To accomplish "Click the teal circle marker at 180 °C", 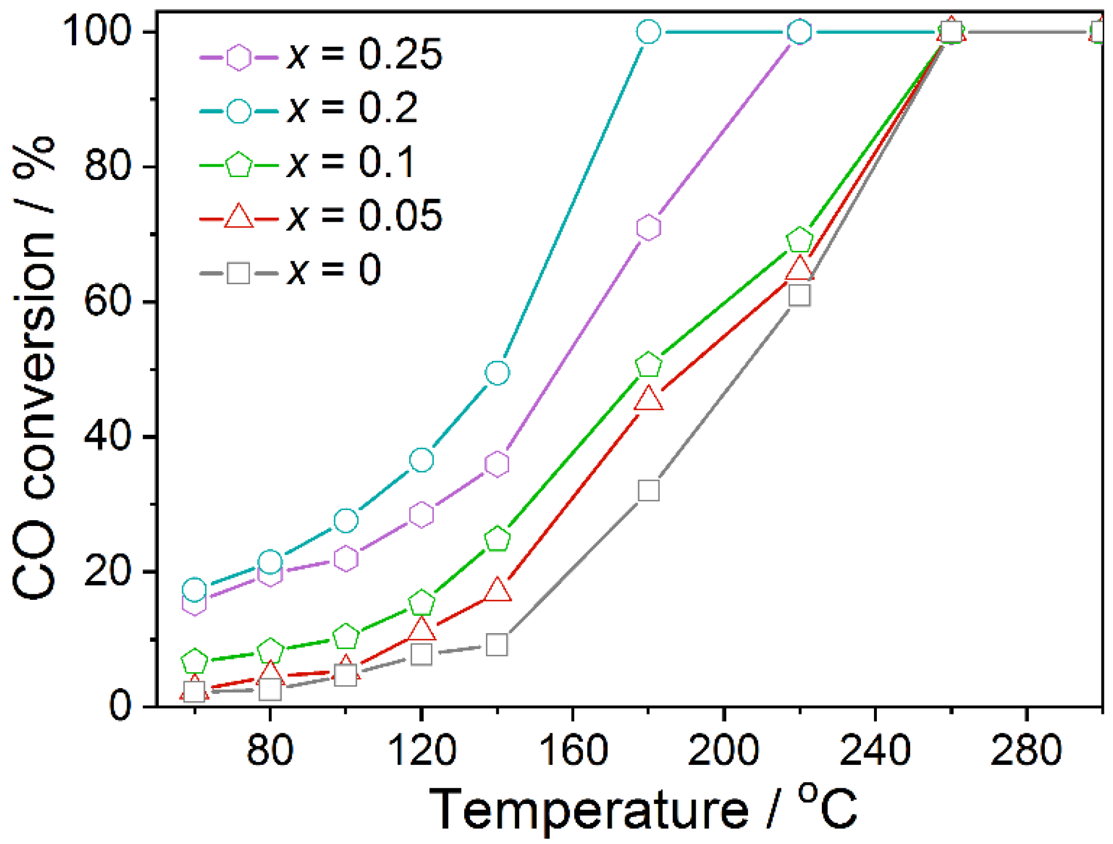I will coord(648,32).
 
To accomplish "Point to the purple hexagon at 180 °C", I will coord(648,227).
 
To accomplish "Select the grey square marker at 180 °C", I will coord(648,490).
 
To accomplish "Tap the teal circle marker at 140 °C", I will coord(497,373).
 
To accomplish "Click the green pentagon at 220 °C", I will coord(800,240).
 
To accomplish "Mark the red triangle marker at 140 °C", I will coord(497,590).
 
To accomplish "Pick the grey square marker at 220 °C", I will coord(800,295).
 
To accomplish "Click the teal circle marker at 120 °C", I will coord(421,460).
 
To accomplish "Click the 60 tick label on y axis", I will coord(107,301).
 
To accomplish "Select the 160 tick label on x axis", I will coord(573,750).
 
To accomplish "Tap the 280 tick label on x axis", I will coord(1026,750).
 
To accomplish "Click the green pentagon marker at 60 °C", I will coord(194,661).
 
